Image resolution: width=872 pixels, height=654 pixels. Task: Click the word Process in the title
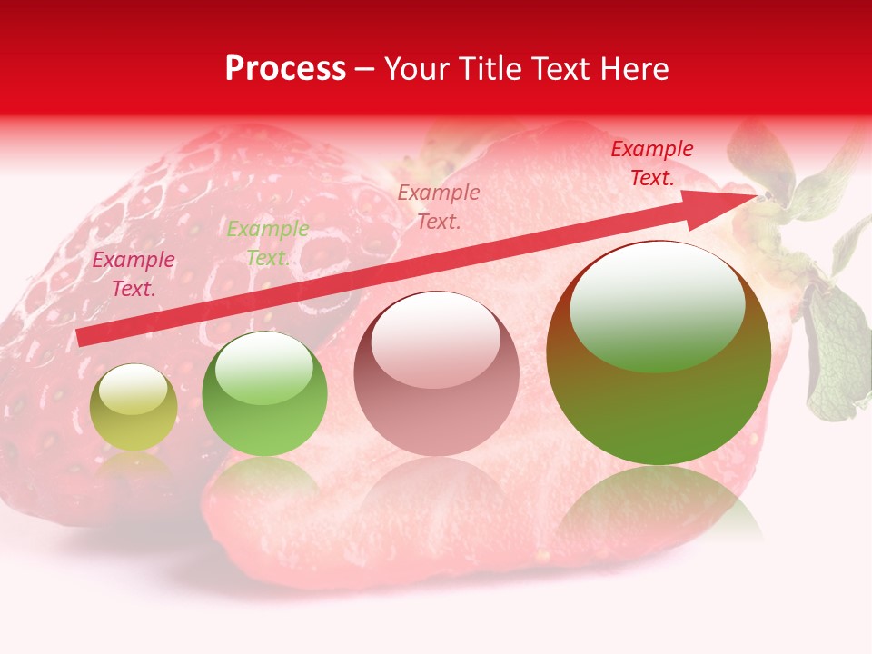pyautogui.click(x=285, y=69)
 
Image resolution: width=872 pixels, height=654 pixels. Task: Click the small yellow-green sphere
pyautogui.click(x=134, y=408)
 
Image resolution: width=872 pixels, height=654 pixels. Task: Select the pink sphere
pyautogui.click(x=436, y=374)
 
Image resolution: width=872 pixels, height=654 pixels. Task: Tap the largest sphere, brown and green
pyautogui.click(x=659, y=354)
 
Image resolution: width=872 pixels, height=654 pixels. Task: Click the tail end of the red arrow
pyautogui.click(x=82, y=338)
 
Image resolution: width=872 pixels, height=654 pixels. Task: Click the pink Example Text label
pyautogui.click(x=134, y=274)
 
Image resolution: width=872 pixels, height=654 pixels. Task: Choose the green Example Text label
pyautogui.click(x=267, y=243)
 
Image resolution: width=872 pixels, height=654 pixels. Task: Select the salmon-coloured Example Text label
pyautogui.click(x=439, y=206)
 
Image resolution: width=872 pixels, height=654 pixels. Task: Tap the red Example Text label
pyautogui.click(x=651, y=163)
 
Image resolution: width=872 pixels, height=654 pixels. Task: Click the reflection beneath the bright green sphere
pyautogui.click(x=264, y=477)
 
